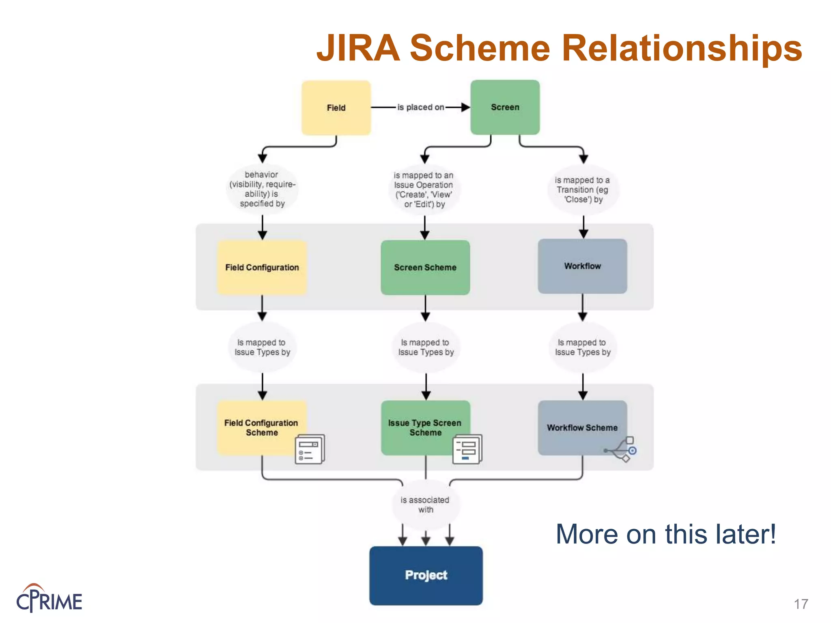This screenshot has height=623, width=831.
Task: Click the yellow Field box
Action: [x=336, y=107]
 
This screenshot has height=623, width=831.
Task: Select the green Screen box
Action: [x=505, y=107]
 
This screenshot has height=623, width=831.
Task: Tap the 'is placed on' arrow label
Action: [x=420, y=107]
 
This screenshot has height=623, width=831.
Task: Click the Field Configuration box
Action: [x=262, y=267]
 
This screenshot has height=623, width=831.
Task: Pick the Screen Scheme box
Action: [x=425, y=267]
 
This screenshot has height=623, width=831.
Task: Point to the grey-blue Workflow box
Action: [x=582, y=266]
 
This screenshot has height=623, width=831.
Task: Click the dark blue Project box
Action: [x=426, y=575]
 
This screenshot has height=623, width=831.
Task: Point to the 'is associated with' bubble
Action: [x=425, y=505]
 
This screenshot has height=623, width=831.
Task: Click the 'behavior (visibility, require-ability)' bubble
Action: [x=262, y=189]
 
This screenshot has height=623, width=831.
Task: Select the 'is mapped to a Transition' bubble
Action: [x=583, y=189]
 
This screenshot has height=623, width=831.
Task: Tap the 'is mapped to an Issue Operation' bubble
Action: [x=424, y=189]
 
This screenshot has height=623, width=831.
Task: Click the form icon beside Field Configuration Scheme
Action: [x=310, y=449]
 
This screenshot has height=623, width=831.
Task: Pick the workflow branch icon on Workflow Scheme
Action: [x=622, y=449]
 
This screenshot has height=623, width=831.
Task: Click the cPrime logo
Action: [x=49, y=599]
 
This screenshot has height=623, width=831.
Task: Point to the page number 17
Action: [x=801, y=604]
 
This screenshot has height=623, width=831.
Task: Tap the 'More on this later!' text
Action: [x=665, y=534]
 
